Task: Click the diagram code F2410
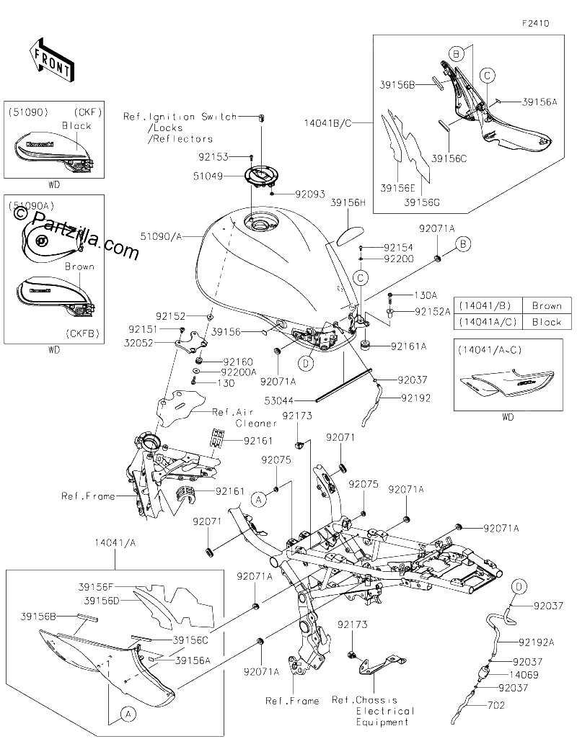coord(536,23)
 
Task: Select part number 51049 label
coord(208,176)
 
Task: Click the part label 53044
coord(279,401)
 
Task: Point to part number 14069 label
coord(524,675)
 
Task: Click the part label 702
coord(495,705)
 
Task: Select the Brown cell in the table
coord(547,305)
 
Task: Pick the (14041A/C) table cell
coord(488,322)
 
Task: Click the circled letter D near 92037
coord(519,587)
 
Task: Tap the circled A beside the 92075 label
coord(258,499)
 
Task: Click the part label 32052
coord(138,343)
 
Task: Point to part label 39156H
coord(348,202)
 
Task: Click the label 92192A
coord(536,642)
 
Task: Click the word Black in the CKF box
coord(76,126)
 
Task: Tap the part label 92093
coord(310,194)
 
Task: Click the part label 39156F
coord(95,587)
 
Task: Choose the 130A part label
coord(426,295)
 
